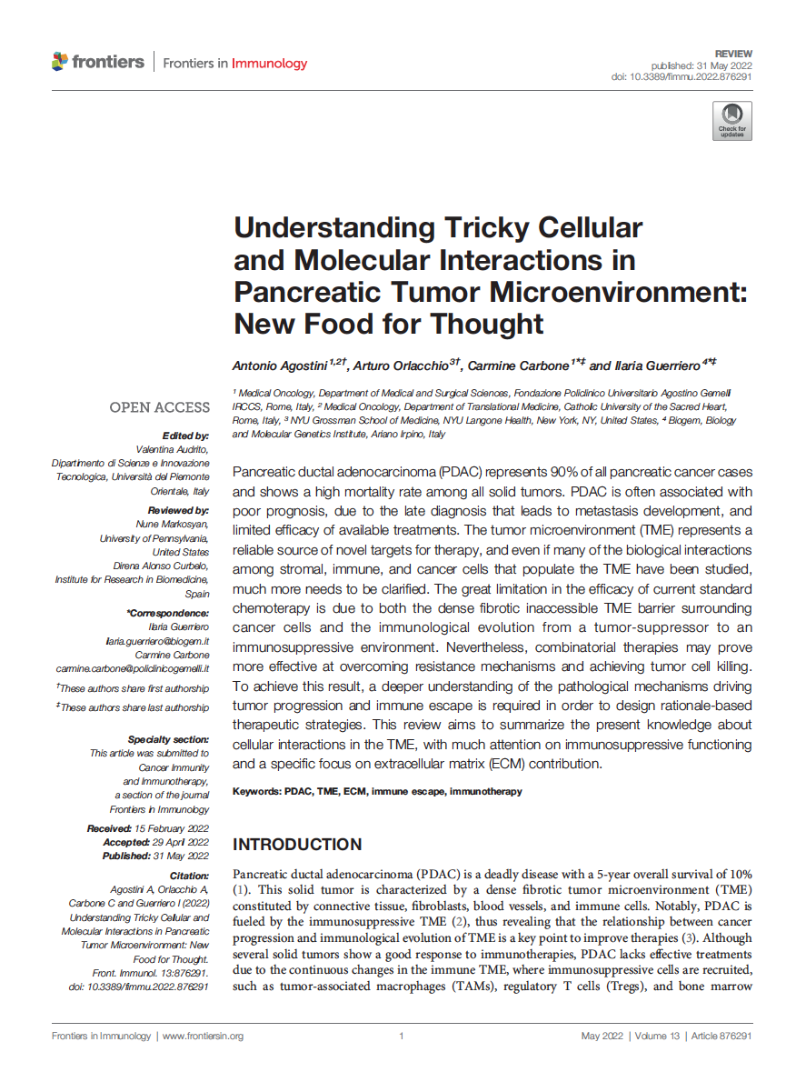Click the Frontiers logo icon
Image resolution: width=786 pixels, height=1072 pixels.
pos(60,62)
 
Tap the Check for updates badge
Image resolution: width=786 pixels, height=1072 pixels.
pos(731,120)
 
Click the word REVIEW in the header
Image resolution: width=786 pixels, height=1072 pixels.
pos(733,55)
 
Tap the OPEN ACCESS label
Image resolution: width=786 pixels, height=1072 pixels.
pos(159,407)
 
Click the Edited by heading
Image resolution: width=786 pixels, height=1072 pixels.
pos(185,436)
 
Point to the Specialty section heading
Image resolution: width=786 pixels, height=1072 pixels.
pos(168,740)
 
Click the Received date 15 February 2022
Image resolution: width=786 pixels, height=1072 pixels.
pos(174,828)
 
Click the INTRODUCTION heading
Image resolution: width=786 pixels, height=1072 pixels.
pos(297,845)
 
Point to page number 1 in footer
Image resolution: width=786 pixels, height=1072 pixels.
pos(401,1037)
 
